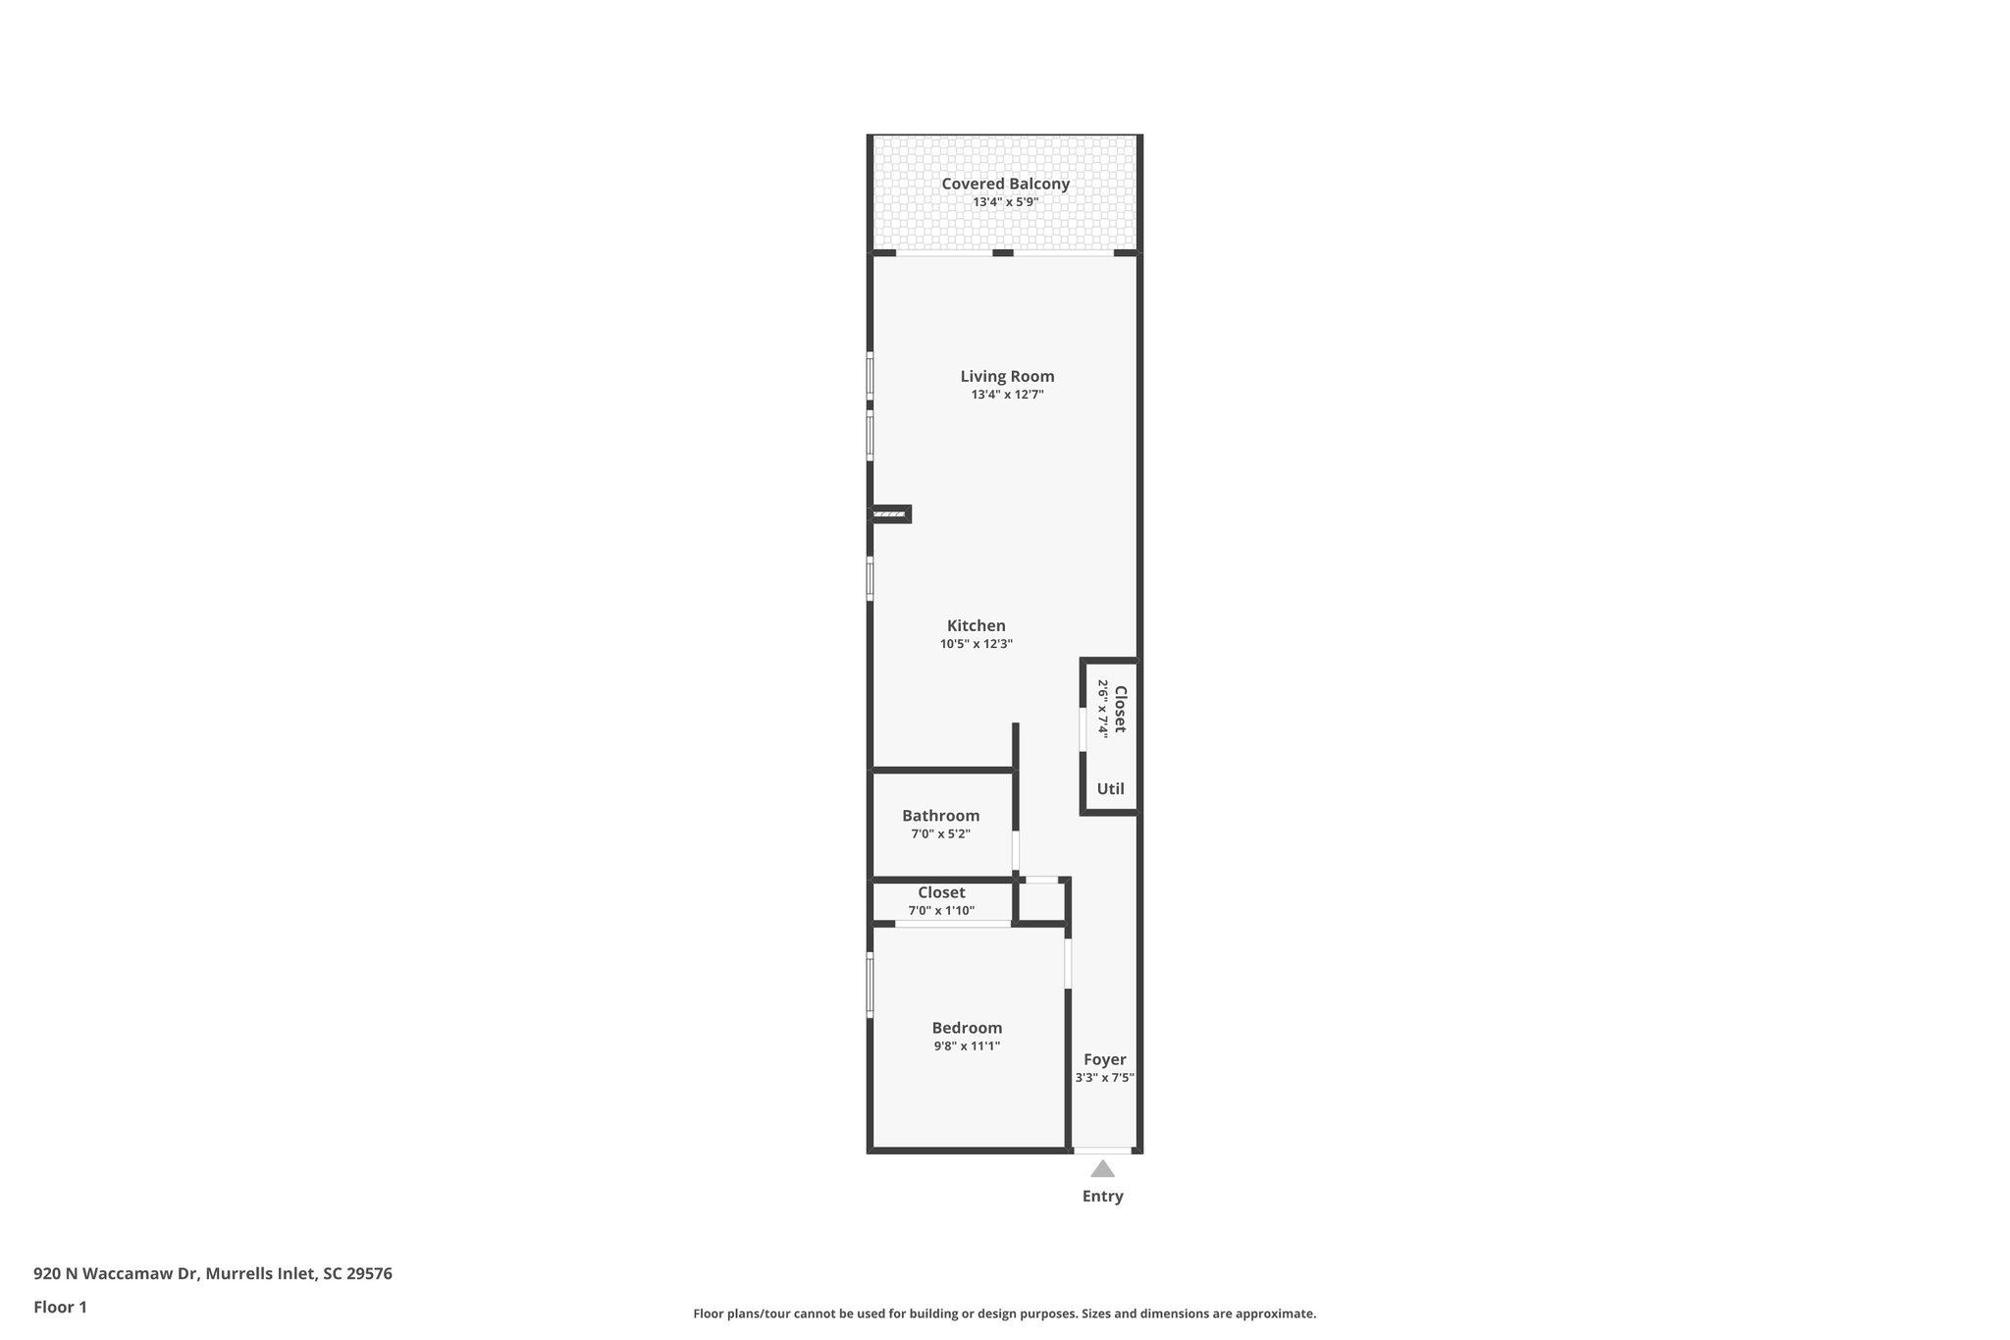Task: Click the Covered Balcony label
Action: point(1005,184)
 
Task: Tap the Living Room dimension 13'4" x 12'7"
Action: point(1007,395)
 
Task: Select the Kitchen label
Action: point(976,625)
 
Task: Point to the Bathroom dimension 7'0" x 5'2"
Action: point(940,834)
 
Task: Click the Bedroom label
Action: point(967,1028)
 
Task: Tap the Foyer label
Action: point(1104,1059)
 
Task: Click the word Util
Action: point(1110,788)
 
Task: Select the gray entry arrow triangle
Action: point(1102,1169)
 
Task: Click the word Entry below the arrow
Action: point(1102,1196)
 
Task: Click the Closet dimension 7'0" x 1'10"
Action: point(940,911)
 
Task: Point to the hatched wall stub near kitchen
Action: point(889,513)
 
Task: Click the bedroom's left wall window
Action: point(870,985)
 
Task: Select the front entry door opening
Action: point(1102,1150)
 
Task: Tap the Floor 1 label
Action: point(60,1307)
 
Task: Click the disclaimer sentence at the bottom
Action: point(1004,1313)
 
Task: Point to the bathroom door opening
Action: point(1016,851)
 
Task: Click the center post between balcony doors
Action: point(1002,253)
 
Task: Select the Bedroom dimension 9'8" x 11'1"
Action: point(967,1046)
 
